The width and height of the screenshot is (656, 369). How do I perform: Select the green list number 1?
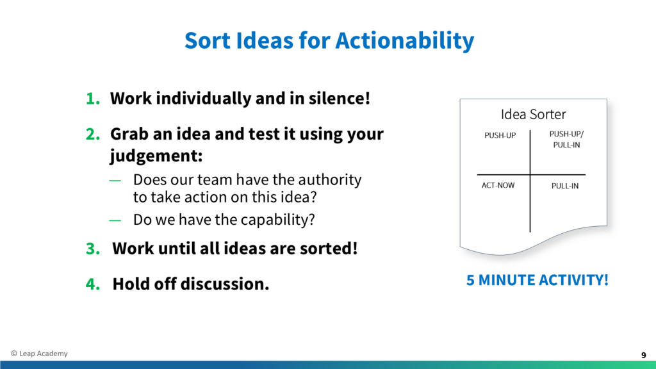93,99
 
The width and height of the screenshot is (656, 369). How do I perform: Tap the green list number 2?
93,135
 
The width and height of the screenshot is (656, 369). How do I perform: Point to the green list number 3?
93,249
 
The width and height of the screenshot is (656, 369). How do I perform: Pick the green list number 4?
93,284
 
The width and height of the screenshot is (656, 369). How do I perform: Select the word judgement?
156,156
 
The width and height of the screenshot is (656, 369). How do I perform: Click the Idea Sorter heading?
534,114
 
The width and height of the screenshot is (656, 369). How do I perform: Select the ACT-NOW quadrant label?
498,185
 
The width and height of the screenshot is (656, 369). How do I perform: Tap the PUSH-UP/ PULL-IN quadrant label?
566,139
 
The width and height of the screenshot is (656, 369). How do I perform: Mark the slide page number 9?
643,355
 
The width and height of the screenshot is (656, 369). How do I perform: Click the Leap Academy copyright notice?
39,354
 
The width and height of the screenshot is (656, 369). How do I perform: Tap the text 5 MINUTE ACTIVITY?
537,281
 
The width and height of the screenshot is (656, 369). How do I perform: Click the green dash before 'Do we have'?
115,220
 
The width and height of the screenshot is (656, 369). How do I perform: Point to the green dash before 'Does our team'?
115,181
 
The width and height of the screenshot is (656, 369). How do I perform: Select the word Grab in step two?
128,135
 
